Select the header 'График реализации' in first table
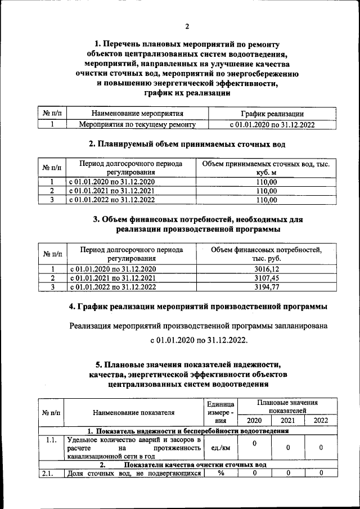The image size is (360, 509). (x=272, y=114)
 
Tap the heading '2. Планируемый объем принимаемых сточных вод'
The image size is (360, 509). (x=187, y=144)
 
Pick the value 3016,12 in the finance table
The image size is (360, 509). (x=267, y=269)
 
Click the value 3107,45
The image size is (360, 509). (x=267, y=278)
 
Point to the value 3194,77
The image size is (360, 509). (x=267, y=287)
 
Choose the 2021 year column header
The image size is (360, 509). (x=288, y=420)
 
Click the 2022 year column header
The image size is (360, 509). (x=321, y=420)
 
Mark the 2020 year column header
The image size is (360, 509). (x=254, y=420)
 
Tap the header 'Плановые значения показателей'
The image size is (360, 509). (x=287, y=407)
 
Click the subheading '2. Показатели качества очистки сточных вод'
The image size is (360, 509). (x=187, y=465)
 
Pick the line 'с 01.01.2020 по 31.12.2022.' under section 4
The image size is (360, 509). (x=198, y=341)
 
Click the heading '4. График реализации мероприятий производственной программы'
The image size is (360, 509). (x=198, y=307)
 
